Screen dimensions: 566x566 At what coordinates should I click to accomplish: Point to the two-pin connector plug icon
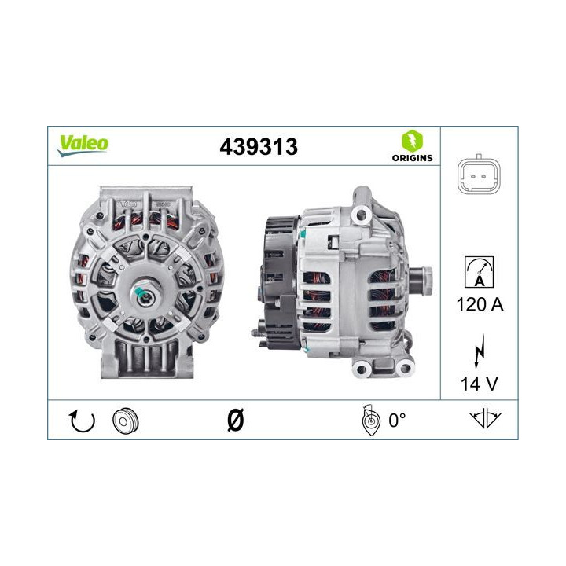point(478,176)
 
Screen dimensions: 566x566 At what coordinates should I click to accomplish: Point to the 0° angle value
point(397,421)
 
